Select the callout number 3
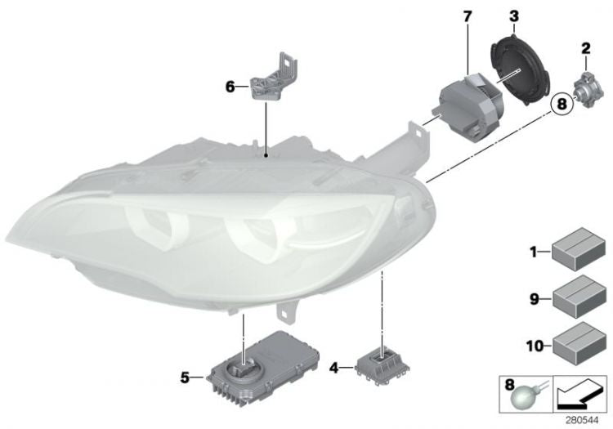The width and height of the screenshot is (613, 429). pos(513,16)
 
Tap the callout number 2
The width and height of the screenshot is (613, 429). pos(585,48)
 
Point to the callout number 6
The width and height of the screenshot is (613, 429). pos(230,85)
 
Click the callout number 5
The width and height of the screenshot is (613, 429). pos(186,377)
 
